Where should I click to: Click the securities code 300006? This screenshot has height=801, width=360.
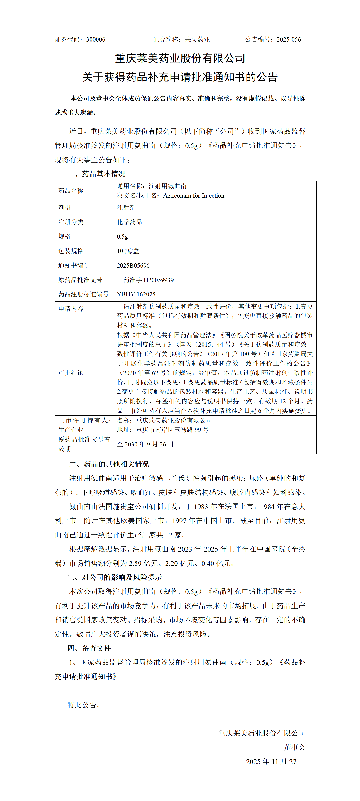coord(96,39)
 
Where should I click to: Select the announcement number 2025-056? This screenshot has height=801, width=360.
coord(289,39)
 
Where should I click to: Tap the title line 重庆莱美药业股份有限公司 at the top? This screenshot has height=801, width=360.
coord(180,58)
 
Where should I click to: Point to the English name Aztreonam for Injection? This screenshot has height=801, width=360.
coord(193,196)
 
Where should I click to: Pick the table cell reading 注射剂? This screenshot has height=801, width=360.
coord(126,207)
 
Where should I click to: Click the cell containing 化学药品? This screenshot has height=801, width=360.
coord(129,222)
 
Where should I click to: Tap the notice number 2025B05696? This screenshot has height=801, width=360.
coord(133,266)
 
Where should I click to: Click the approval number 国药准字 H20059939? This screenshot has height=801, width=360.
coord(145,280)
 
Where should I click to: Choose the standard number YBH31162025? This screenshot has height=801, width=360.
coord(136,294)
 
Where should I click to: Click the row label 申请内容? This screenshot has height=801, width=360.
coord(71,308)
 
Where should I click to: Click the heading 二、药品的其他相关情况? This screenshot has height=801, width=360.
coord(109,464)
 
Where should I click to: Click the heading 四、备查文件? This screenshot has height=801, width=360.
coord(89,648)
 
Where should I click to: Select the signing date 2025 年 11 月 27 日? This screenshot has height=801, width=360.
coord(275,762)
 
